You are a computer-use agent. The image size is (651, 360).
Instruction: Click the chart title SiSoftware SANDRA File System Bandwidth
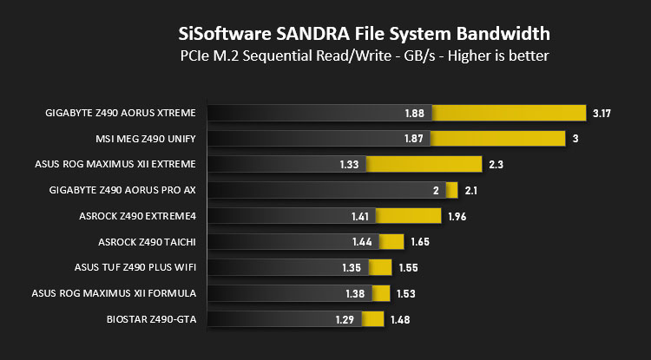(x=363, y=35)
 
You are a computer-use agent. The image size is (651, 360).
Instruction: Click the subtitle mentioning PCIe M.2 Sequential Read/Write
(x=363, y=56)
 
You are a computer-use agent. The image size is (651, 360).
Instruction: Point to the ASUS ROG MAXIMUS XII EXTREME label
(x=115, y=164)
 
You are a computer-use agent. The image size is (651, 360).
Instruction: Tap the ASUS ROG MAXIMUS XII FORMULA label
(x=115, y=293)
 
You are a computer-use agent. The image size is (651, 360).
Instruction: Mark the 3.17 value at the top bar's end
(x=602, y=114)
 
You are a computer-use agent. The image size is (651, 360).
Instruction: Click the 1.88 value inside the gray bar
(x=414, y=114)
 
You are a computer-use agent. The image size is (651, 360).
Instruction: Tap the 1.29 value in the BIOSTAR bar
(x=345, y=319)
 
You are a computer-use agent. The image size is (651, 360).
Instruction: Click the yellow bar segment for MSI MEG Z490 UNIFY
(x=498, y=139)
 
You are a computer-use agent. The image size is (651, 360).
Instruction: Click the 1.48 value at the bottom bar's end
(x=400, y=319)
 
